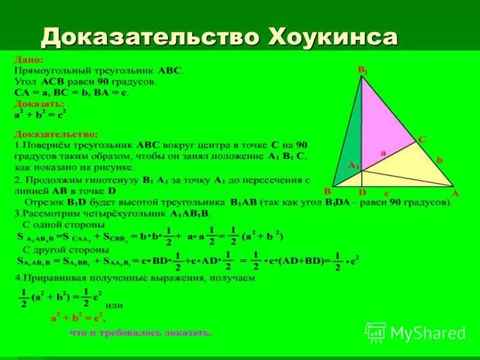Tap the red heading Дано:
pyautogui.click(x=28, y=61)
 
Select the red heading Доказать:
pyautogui.click(x=39, y=103)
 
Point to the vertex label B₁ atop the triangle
pyautogui.click(x=363, y=71)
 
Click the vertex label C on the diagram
pyautogui.click(x=422, y=139)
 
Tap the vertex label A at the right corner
pyautogui.click(x=454, y=193)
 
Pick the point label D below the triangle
pyautogui.click(x=362, y=193)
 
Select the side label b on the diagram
pyautogui.click(x=439, y=160)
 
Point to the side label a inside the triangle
pyautogui.click(x=382, y=154)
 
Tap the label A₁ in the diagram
pyautogui.click(x=353, y=166)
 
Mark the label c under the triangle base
pyautogui.click(x=386, y=193)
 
